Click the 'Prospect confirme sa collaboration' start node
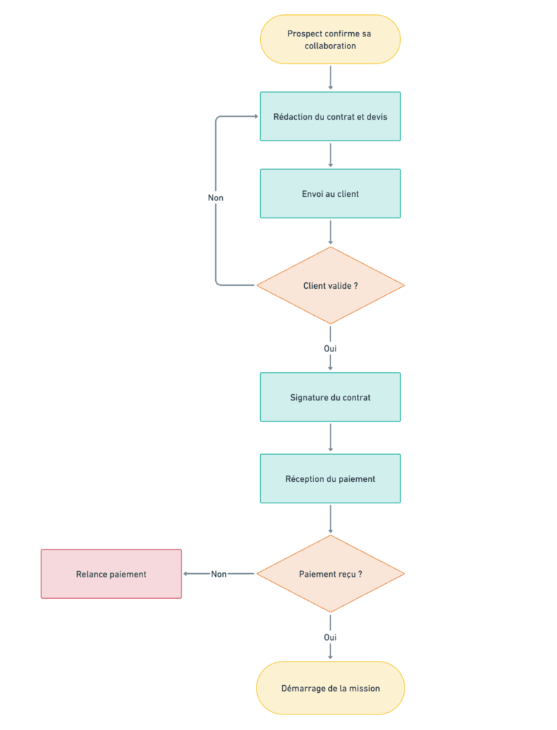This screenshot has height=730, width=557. click(330, 39)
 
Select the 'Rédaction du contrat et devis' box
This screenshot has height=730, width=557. click(330, 116)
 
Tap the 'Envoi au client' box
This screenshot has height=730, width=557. click(330, 193)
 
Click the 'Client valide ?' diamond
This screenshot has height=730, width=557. click(330, 286)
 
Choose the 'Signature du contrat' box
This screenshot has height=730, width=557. click(330, 397)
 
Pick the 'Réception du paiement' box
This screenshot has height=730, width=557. click(330, 478)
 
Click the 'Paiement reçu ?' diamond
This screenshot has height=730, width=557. click(330, 574)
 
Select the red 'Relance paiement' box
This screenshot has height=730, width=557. click(111, 574)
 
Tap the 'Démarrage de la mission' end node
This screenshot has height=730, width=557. click(330, 688)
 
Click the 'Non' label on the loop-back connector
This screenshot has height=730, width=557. click(216, 197)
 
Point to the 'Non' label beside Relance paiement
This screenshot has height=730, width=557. click(219, 574)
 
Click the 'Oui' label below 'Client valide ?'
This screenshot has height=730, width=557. click(330, 349)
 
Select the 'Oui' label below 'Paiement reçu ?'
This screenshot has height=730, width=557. click(330, 637)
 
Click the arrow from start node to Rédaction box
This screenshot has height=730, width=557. click(330, 78)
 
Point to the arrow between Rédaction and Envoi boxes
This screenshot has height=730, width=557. click(330, 155)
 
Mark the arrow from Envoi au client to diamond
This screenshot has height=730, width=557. click(330, 232)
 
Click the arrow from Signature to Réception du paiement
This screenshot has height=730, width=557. click(330, 438)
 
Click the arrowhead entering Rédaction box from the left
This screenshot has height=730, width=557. click(255, 116)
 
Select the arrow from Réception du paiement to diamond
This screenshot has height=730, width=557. click(330, 519)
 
